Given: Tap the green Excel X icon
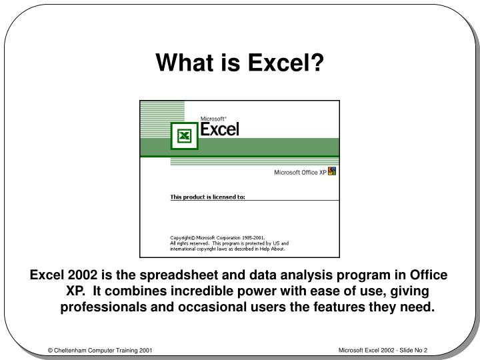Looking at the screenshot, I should [184, 136].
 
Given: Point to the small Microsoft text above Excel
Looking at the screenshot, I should [214, 117].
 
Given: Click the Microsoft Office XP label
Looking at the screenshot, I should [300, 172].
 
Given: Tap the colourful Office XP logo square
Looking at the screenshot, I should [332, 171].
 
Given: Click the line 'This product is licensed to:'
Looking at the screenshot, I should [207, 197].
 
